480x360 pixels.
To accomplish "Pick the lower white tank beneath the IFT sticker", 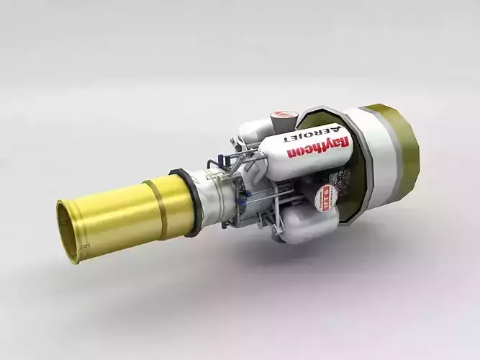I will pos(309,228).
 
